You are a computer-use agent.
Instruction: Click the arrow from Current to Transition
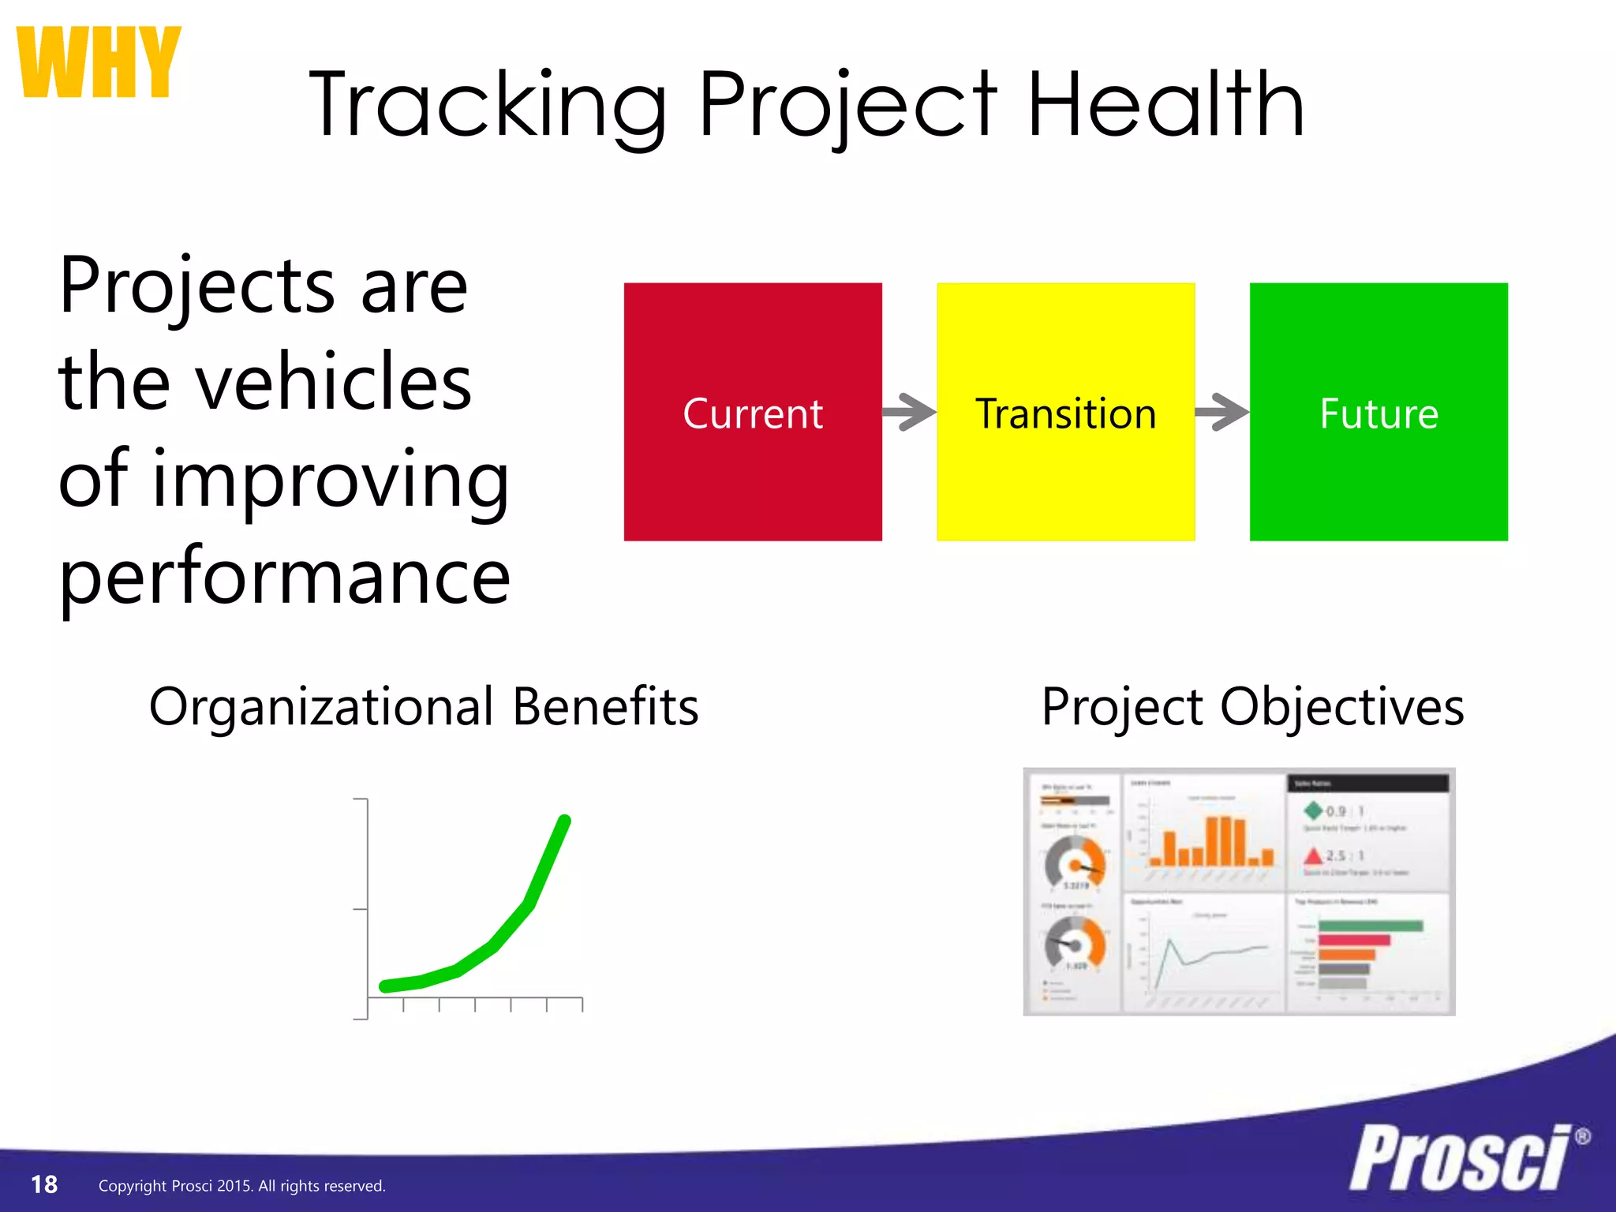(908, 412)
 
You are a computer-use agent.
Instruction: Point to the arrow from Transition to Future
(1221, 412)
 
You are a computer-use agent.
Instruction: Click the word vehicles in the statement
(333, 383)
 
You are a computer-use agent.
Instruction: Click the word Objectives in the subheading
(1341, 707)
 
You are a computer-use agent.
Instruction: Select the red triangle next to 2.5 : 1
(1313, 855)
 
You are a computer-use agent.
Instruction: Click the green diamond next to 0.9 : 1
(1313, 810)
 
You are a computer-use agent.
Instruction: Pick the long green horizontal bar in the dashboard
(1370, 926)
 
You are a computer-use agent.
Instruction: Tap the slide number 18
(44, 1184)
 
